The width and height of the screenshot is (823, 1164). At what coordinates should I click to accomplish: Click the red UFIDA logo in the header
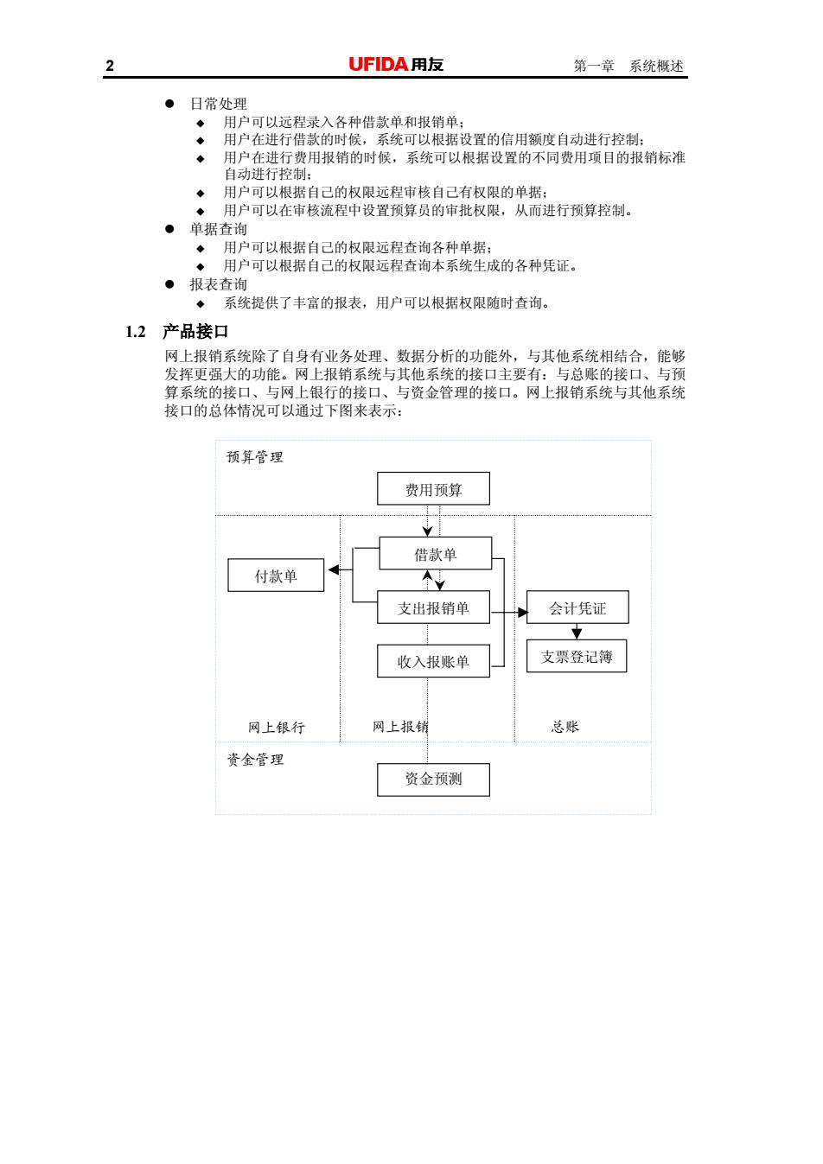(x=378, y=65)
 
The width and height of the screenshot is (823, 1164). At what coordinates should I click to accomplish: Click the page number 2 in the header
(x=110, y=66)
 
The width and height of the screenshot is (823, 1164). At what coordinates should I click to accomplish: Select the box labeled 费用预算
(x=433, y=488)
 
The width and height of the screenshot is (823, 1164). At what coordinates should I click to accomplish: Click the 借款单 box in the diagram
(x=435, y=553)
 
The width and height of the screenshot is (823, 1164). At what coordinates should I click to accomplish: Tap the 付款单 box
(x=276, y=576)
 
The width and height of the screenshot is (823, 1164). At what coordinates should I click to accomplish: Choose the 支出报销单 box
(x=433, y=607)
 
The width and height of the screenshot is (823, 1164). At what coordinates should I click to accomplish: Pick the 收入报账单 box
(x=433, y=661)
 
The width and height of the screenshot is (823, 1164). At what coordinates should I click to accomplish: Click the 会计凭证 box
(x=577, y=607)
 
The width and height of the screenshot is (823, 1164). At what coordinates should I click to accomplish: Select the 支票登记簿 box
(x=577, y=656)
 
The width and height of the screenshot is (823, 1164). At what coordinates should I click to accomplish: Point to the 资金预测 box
(x=433, y=779)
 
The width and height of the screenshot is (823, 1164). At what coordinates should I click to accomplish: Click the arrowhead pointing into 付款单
(x=333, y=570)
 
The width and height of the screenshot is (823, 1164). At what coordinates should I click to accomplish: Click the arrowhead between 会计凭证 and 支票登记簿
(x=577, y=633)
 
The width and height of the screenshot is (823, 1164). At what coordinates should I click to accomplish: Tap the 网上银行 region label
(x=276, y=727)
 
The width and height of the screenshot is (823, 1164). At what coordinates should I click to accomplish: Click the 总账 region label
(x=565, y=727)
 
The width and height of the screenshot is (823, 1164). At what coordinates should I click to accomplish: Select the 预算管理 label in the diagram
(x=255, y=457)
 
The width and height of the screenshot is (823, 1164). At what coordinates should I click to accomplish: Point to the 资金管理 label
(x=255, y=760)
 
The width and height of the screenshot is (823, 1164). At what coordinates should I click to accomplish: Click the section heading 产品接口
(x=195, y=332)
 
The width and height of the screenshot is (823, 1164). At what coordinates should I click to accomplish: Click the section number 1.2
(x=136, y=332)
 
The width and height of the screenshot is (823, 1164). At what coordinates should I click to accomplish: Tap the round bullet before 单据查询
(x=169, y=229)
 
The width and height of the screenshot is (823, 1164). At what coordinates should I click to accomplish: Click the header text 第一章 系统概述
(x=628, y=66)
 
